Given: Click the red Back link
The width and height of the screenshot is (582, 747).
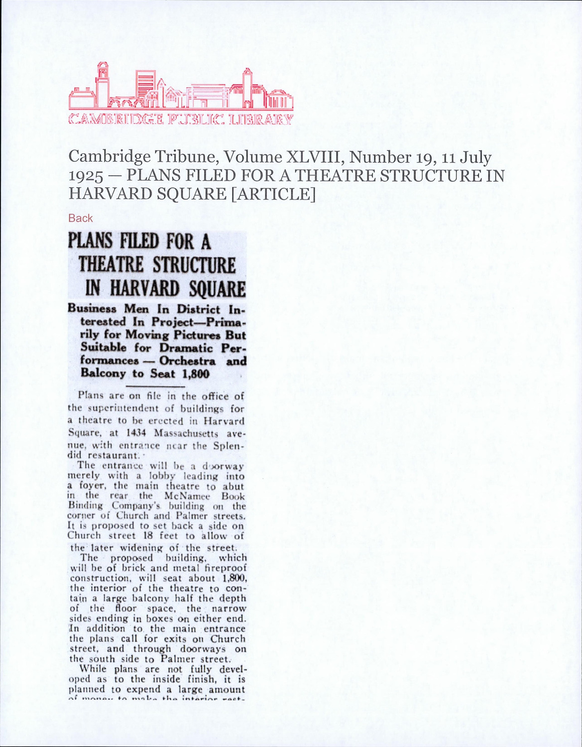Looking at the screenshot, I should (80, 218).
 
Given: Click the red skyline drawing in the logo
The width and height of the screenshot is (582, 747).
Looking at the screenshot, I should (181, 89).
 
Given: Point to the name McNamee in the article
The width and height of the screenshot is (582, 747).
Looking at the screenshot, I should (184, 496).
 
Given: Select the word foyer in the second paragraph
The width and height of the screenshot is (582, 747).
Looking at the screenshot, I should (90, 486).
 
